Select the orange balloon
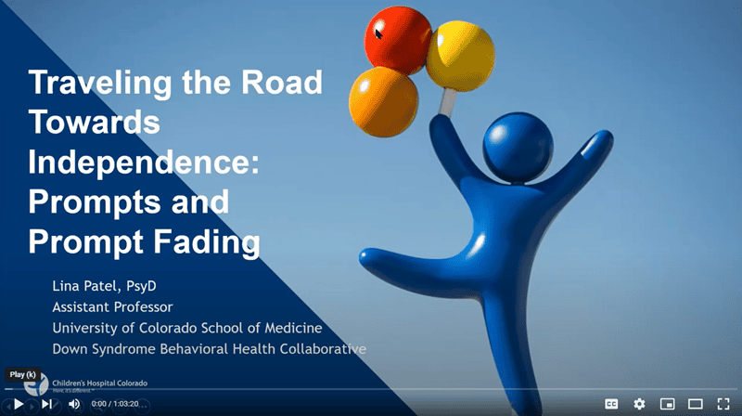point(383,97)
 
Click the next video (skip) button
point(46,404)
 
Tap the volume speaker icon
point(74,404)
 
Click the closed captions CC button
point(611,404)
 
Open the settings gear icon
point(639,404)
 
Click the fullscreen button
point(723,404)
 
